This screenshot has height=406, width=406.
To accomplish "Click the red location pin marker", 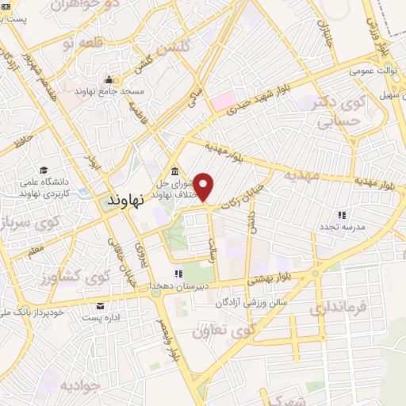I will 205,187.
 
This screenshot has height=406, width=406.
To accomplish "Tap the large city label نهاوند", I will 124,201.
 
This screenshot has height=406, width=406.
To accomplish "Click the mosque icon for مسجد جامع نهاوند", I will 109,80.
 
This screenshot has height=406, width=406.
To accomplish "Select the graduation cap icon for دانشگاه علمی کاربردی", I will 44,170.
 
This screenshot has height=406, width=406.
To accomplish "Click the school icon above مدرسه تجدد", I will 342,215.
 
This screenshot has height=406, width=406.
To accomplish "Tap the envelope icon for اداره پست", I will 100,307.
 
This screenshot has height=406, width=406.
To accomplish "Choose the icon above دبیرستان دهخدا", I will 178,274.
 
